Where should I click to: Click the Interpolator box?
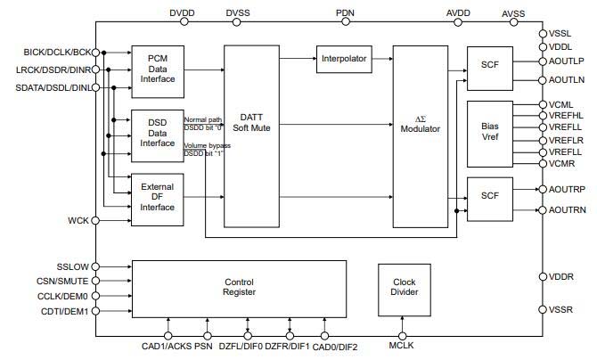pos(343,59)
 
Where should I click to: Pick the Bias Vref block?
pos(489,132)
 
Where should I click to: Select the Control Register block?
pos(239,288)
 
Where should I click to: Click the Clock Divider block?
pos(405,288)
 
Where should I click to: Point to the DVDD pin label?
pos(181,12)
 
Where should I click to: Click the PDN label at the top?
pos(346,12)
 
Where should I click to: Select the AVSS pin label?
pos(514,13)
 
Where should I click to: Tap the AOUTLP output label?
pos(568,61)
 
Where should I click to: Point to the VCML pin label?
pos(560,104)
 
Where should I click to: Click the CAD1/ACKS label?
pos(166,347)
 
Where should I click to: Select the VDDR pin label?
pos(561,276)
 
